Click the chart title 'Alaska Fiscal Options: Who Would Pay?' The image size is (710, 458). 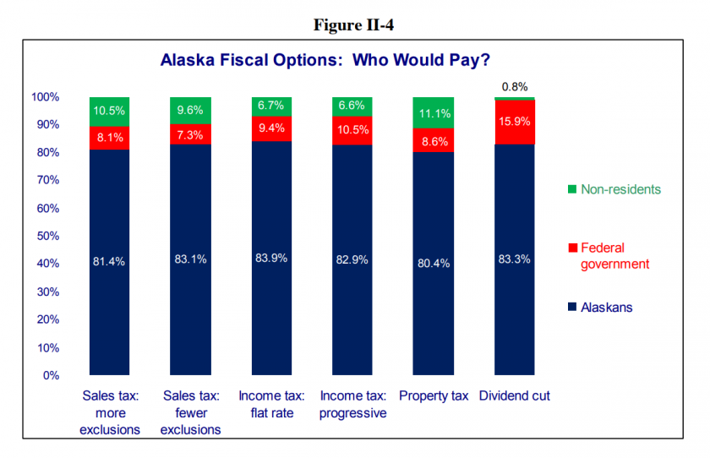click(325, 61)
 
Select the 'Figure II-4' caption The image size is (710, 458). click(353, 25)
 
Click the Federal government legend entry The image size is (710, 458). click(614, 255)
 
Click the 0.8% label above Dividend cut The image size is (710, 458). click(514, 86)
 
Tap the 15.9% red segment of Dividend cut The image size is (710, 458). click(514, 122)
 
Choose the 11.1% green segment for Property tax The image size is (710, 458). click(434, 113)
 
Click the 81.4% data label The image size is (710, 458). click(109, 261)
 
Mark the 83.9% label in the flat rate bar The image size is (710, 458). click(271, 258)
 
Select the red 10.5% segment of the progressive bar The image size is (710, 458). click(352, 129)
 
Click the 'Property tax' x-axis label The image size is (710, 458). click(434, 395)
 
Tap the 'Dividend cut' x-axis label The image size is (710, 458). click(514, 395)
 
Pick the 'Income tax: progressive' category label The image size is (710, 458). click(352, 404)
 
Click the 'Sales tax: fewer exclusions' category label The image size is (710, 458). click(191, 412)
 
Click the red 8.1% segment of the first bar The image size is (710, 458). click(109, 137)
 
